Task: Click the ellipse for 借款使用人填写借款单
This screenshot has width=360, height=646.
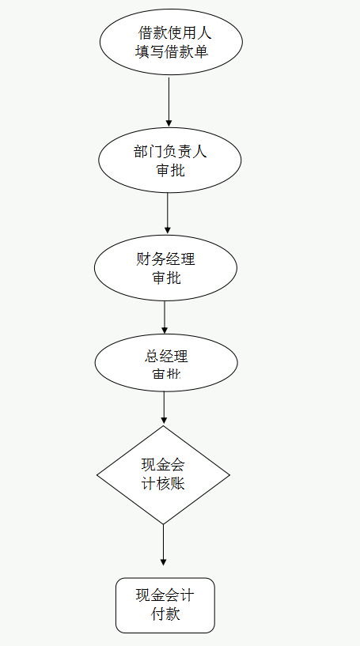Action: tap(171, 43)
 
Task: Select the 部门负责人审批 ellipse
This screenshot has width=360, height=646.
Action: tap(169, 161)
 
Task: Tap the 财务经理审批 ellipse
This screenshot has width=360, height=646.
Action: tap(165, 268)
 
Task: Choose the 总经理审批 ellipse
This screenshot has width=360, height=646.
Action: tap(166, 363)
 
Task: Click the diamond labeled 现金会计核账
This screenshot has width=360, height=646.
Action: tap(163, 475)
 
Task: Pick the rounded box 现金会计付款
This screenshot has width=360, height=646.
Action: tap(165, 605)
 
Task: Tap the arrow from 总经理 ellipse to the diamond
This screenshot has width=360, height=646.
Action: tap(164, 408)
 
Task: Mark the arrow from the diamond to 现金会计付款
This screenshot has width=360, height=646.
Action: tap(163, 545)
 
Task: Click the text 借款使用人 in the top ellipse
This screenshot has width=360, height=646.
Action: tap(175, 33)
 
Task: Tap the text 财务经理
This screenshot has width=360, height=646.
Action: tap(165, 259)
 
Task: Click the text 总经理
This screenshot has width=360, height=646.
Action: tap(166, 355)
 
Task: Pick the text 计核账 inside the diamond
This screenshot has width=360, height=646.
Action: tap(163, 484)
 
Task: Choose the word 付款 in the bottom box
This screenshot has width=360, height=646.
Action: tap(165, 614)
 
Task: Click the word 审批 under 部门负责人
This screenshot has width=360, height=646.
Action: tap(170, 169)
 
